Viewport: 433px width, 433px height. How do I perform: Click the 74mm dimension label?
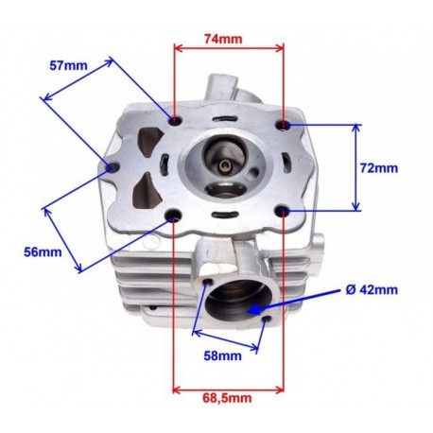tap(223, 39)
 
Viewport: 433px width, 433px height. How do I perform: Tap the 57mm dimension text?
tap(68, 65)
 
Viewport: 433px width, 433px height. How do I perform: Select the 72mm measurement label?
tap(379, 168)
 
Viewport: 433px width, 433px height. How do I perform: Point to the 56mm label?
tap(43, 251)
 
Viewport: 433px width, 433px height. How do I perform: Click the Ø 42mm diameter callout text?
tap(372, 289)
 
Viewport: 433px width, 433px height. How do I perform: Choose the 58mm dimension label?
tap(222, 355)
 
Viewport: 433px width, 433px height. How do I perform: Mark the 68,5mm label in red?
tap(227, 398)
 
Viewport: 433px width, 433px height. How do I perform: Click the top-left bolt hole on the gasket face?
tap(176, 120)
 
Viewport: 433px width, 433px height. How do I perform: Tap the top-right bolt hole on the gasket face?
tap(284, 125)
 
